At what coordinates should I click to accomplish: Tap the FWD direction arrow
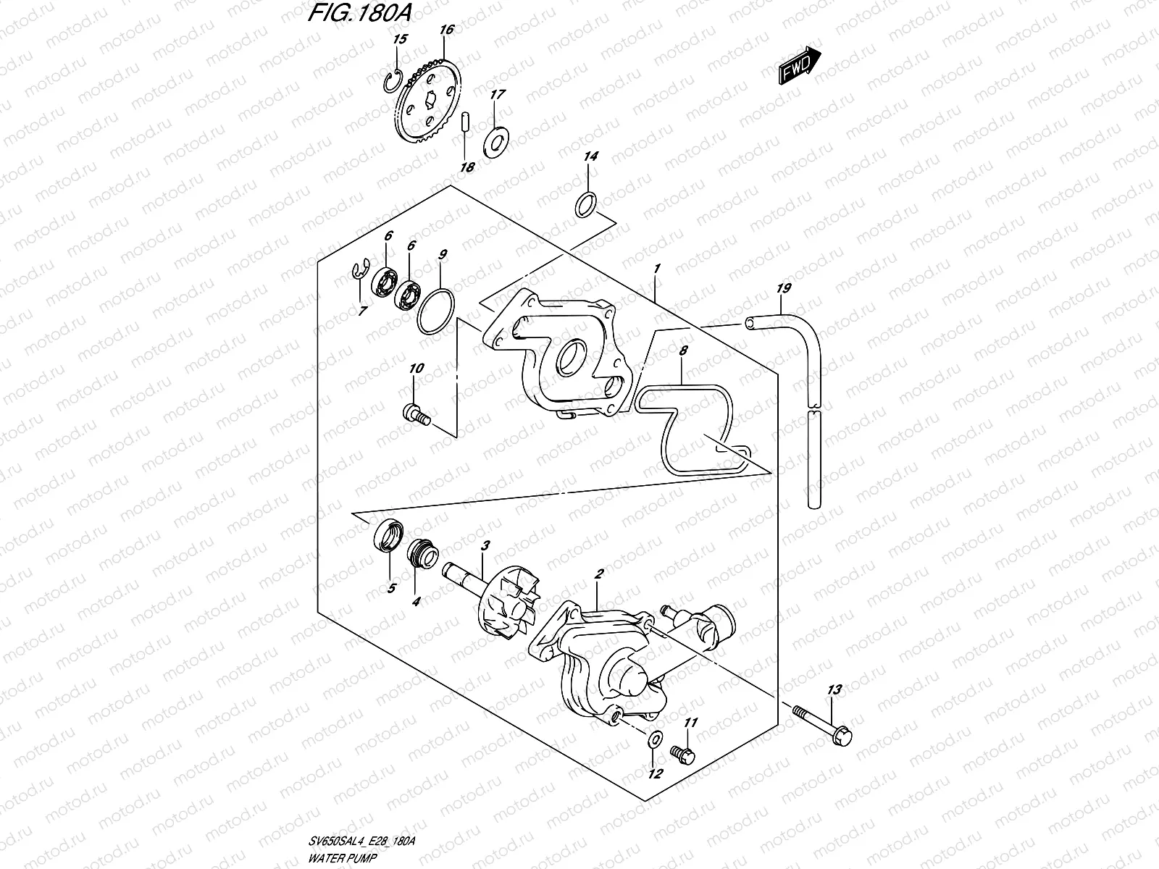pos(800,66)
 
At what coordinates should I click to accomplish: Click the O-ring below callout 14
pos(587,206)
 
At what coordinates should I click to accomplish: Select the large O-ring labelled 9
pos(435,312)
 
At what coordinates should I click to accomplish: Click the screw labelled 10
pos(415,415)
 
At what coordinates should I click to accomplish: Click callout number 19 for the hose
pos(782,289)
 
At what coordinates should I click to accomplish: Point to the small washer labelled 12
pos(653,739)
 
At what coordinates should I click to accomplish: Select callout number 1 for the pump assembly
pos(656,269)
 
